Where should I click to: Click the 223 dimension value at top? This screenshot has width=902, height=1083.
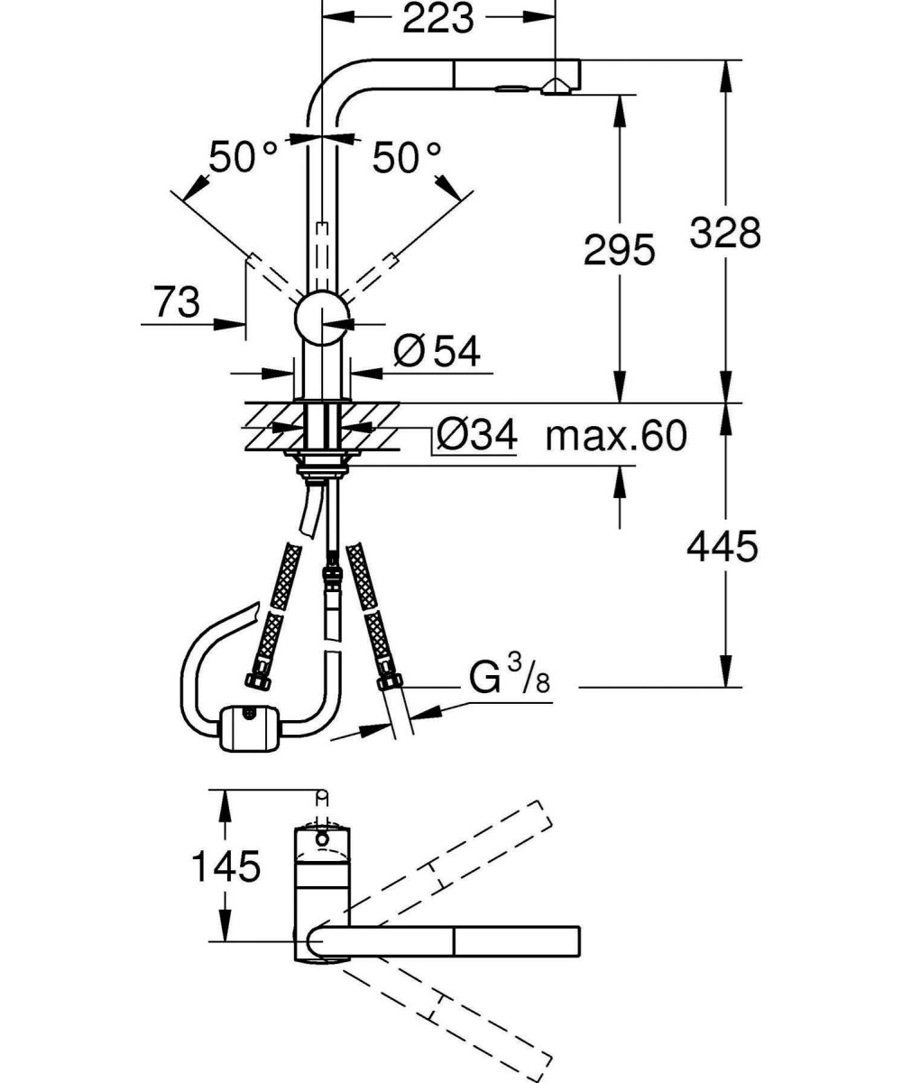tap(438, 18)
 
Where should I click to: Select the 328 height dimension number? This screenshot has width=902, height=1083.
tap(724, 232)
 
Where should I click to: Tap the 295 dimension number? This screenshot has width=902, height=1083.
tap(619, 249)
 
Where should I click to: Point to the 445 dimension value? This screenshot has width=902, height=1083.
tap(723, 546)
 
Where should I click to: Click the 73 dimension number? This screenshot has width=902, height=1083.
tap(177, 302)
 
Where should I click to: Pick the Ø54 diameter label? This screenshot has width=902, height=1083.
tap(437, 351)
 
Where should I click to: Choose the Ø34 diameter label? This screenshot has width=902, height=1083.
tap(476, 434)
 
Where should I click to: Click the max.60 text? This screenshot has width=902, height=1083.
tap(616, 435)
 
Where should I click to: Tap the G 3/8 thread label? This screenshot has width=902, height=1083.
tap(509, 676)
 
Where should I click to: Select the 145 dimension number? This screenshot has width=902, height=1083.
tap(225, 865)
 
